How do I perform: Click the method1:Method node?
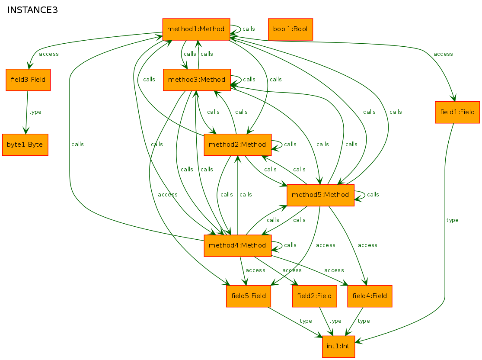click(196, 29)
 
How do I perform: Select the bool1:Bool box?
click(290, 29)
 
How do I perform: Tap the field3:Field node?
click(28, 80)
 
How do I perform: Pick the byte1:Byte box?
click(25, 145)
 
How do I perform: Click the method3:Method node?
click(197, 80)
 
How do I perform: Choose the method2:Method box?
click(237, 145)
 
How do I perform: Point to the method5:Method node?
click(320, 195)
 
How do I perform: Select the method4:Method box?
click(237, 246)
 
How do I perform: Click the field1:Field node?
click(457, 112)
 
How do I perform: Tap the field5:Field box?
click(249, 296)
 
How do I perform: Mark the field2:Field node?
click(314, 296)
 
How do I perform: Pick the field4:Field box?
click(370, 296)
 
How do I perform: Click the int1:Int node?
click(338, 347)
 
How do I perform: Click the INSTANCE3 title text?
click(33, 10)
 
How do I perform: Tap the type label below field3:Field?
click(35, 112)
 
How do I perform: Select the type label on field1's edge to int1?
click(452, 220)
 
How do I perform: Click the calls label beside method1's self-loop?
click(249, 29)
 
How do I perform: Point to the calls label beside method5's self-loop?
click(373, 195)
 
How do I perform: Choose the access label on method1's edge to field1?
click(443, 54)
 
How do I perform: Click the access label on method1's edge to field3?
click(49, 54)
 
